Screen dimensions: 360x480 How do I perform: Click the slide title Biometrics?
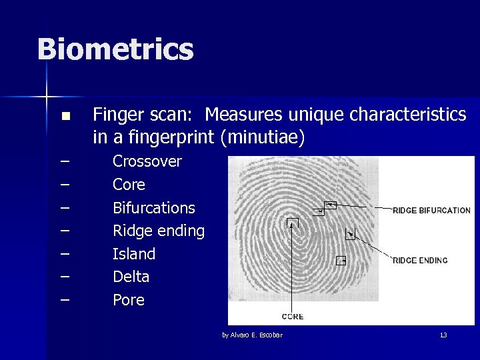pos(115,50)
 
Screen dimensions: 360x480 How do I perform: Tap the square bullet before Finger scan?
pos(65,117)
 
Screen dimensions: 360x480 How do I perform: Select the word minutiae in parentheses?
pos(265,138)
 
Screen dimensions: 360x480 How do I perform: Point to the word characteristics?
pos(408,115)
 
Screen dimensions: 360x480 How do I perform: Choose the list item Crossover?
pos(147,161)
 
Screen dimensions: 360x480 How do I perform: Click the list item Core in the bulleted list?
pos(129,185)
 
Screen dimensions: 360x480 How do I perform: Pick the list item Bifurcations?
pos(153,208)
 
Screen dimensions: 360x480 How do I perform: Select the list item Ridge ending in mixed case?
pos(158,231)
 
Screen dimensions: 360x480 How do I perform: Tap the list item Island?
pos(133,254)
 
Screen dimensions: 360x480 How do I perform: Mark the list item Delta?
pos(131,277)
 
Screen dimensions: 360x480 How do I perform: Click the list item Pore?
pos(128,300)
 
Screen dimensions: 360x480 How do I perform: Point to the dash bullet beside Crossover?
pos(65,161)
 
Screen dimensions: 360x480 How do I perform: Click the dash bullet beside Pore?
pos(65,300)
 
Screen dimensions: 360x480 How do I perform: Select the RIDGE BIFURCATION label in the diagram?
pos(431,211)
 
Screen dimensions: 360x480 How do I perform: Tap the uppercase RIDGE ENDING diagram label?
pos(420,261)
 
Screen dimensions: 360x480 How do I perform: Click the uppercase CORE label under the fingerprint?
pos(293,317)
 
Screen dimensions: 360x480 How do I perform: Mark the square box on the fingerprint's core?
pos(292,223)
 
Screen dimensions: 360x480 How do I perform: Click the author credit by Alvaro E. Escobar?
pos(252,335)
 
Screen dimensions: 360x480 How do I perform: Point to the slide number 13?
pos(443,335)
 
